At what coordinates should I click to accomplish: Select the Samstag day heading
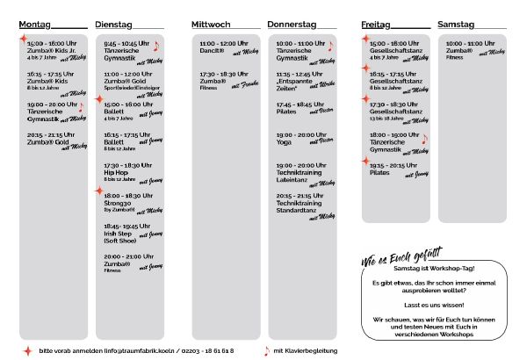(x=456, y=25)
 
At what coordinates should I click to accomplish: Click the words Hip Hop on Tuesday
(x=116, y=173)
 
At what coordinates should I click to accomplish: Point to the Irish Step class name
(x=119, y=232)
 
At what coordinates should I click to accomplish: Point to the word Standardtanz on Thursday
(x=298, y=210)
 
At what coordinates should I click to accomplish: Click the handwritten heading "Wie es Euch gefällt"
(x=400, y=259)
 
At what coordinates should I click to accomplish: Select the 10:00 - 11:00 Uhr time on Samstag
(x=469, y=42)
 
